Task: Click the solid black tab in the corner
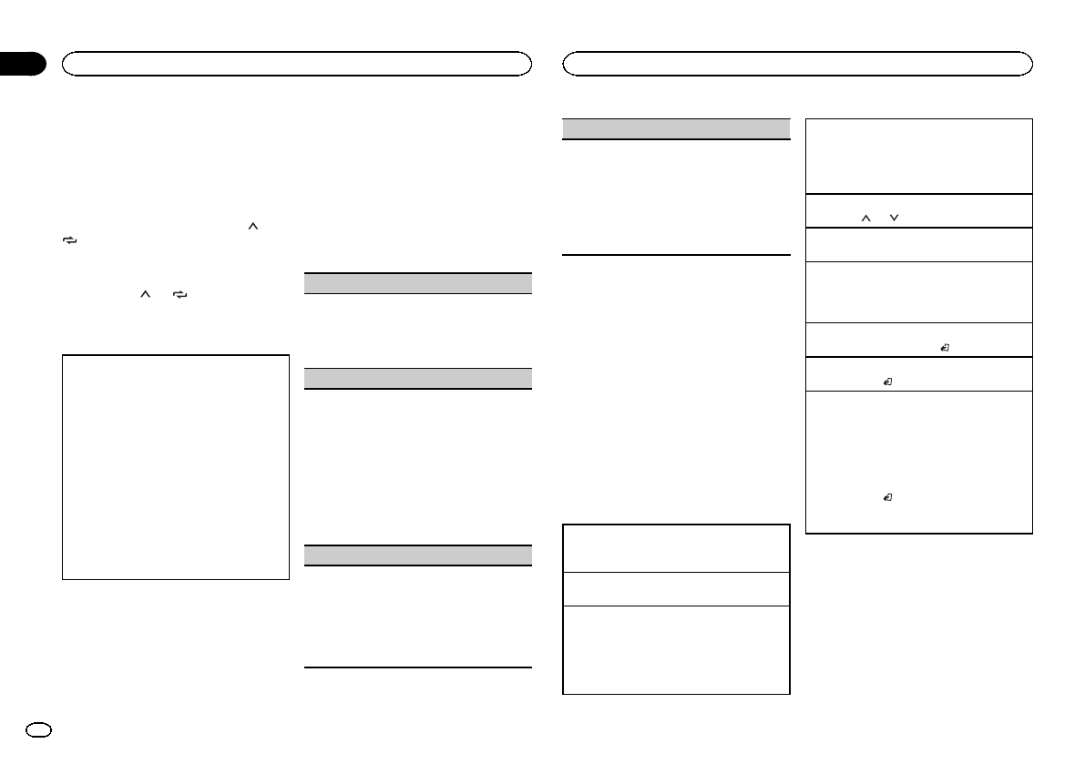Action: tap(22, 64)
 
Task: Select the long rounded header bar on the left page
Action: tap(296, 63)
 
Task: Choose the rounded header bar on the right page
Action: tap(798, 63)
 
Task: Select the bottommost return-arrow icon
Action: tap(889, 498)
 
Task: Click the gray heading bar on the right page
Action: tap(676, 128)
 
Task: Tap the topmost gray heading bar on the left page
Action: tap(416, 282)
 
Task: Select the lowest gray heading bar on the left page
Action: tap(416, 555)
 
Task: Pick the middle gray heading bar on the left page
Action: tap(416, 378)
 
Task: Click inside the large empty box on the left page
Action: tap(175, 466)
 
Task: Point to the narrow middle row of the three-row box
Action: tap(676, 588)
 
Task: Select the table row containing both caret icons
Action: tap(919, 210)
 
